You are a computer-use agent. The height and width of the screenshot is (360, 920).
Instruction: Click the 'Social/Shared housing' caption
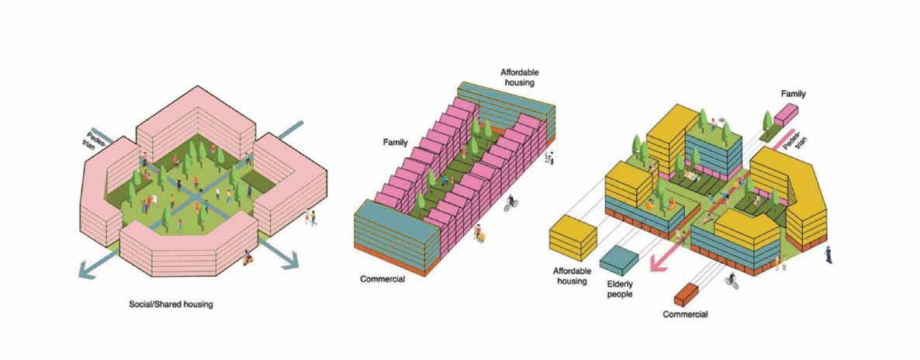click(170, 305)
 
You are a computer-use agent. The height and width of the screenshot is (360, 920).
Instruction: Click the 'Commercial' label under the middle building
click(382, 279)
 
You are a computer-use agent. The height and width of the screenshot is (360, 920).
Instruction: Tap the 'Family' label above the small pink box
click(793, 94)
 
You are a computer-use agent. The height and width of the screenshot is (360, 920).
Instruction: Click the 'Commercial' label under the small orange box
click(685, 314)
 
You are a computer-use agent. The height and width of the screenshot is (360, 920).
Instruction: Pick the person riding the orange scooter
click(247, 258)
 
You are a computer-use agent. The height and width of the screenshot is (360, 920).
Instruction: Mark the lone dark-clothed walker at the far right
click(829, 253)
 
